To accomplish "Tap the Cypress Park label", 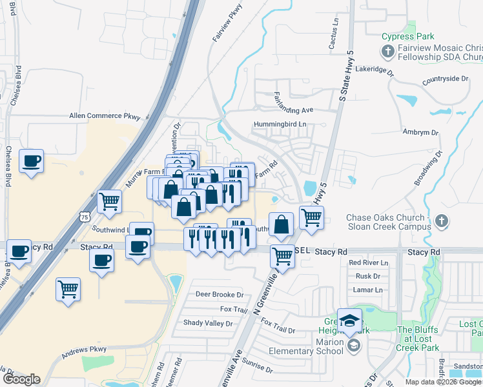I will coord(408,36).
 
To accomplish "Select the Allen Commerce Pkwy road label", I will coord(105,116).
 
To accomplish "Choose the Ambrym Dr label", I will coord(420,132).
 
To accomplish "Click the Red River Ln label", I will coord(368,263).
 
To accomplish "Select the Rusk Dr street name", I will coord(367,276).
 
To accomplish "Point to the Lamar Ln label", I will coord(369,290).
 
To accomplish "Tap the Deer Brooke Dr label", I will coord(220,295).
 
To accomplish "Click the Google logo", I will coord(21,379).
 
